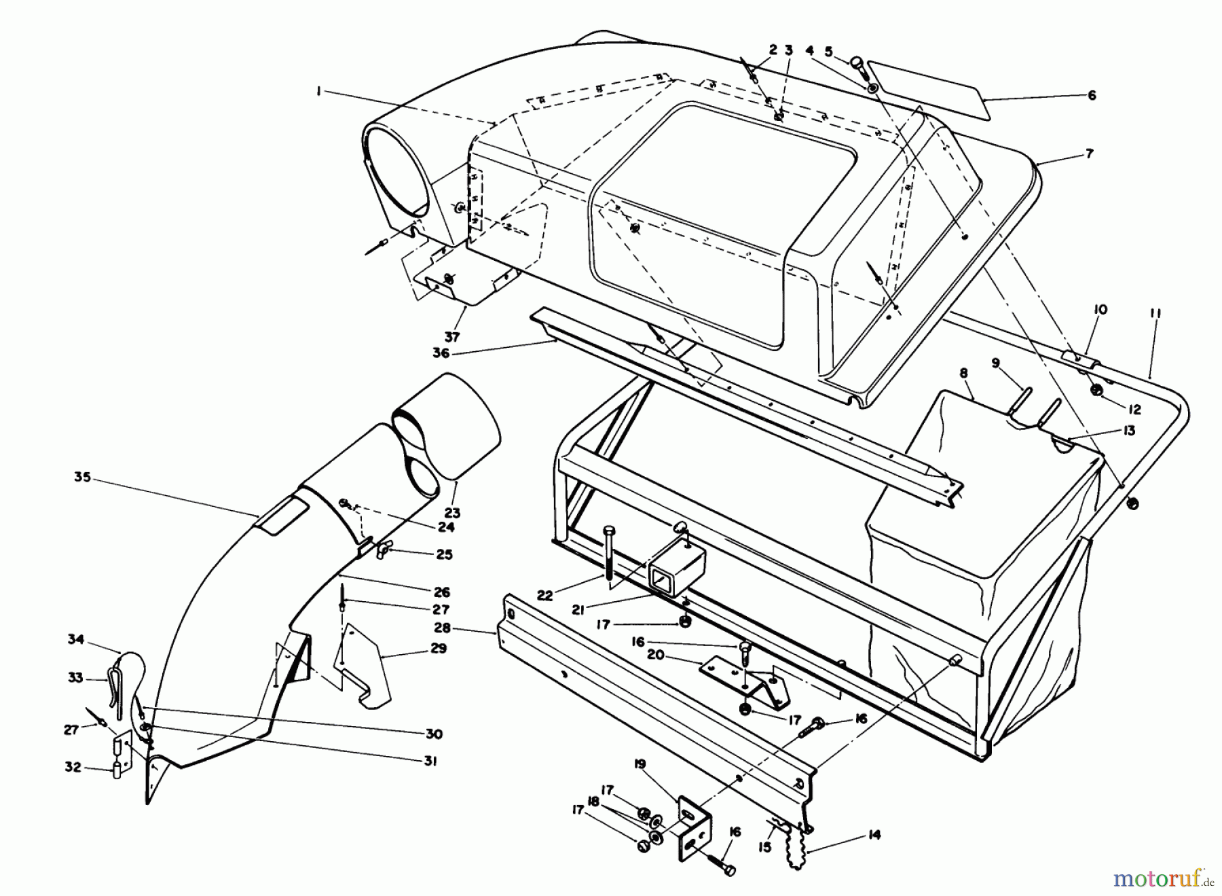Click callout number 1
pos(318,92)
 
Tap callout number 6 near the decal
pos(1092,96)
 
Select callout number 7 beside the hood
pos(1089,154)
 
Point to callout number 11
pos(1155,313)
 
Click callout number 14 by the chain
pos(874,834)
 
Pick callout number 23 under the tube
pos(452,514)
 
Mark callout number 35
pos(82,477)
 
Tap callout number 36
pos(442,353)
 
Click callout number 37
pos(452,336)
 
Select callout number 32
pos(73,767)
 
